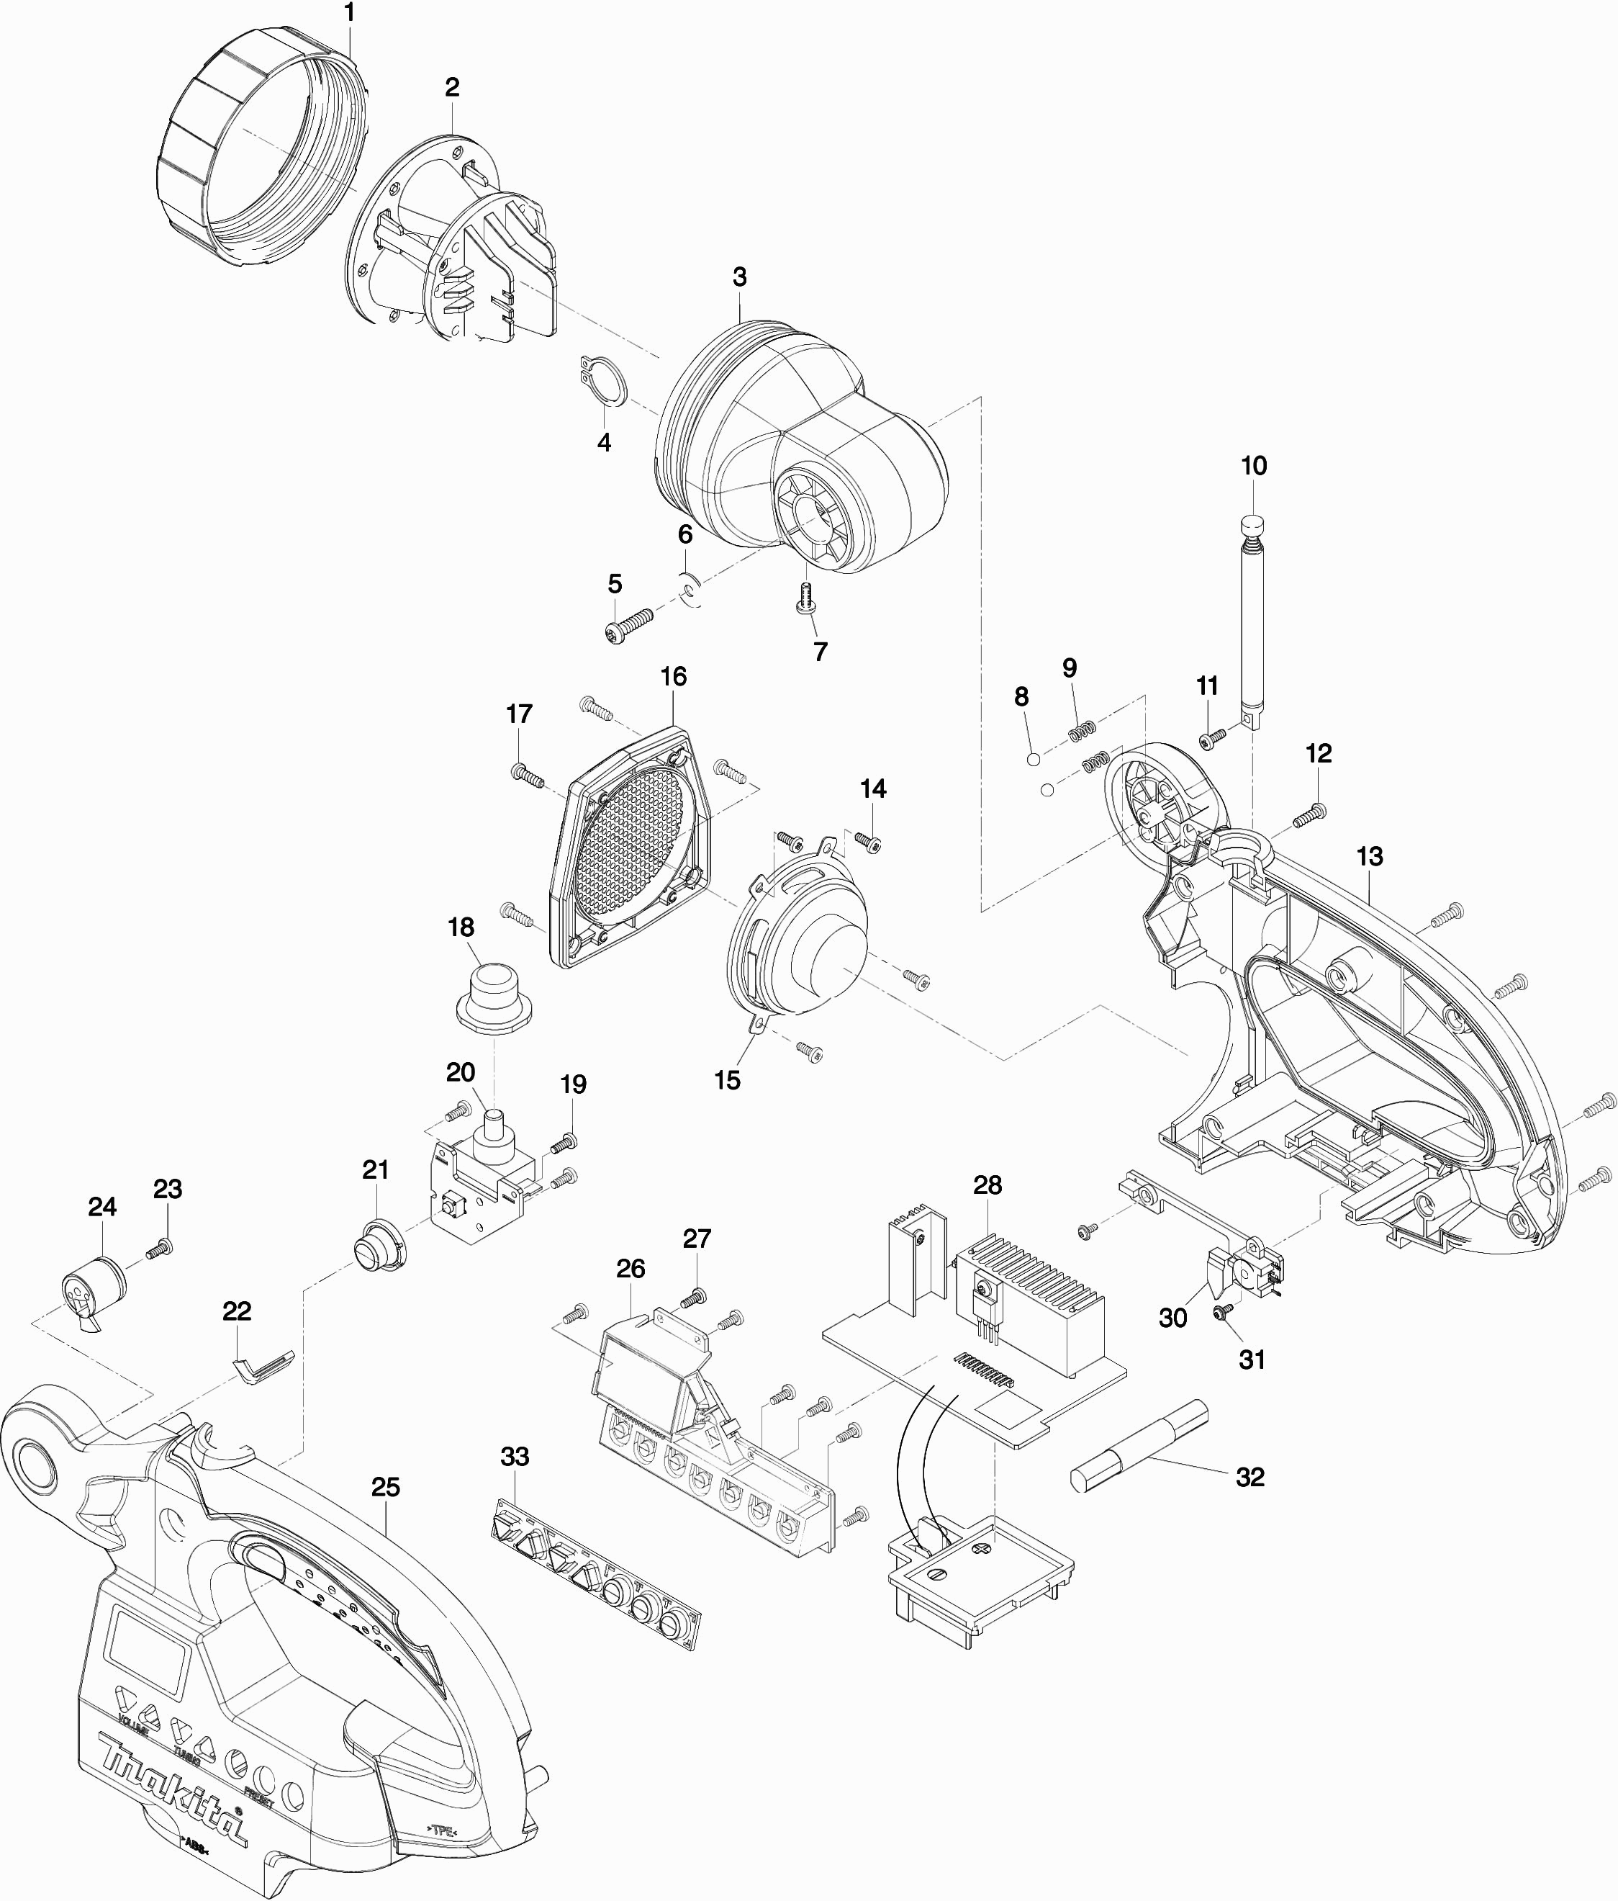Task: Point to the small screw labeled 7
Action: point(805,601)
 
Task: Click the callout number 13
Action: point(1368,856)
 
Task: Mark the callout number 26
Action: point(630,1268)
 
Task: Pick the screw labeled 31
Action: point(1220,1314)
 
